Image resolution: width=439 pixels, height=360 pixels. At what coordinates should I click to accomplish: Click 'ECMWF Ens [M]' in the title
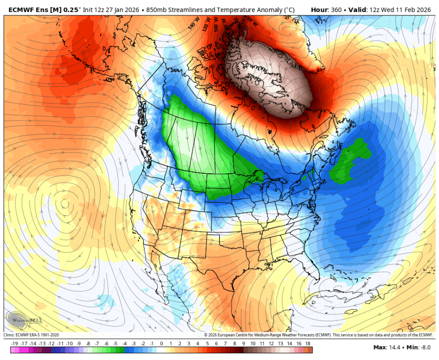pyautogui.click(x=37, y=9)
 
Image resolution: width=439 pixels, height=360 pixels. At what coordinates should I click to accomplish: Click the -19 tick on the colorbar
pyautogui.click(x=14, y=344)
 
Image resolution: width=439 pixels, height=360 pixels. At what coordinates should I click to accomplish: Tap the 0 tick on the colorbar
pyautogui.click(x=161, y=344)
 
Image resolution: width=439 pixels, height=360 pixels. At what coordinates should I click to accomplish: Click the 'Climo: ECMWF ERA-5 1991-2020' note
pyautogui.click(x=32, y=335)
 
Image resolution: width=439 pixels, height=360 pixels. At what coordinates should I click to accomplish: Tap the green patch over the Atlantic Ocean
pyautogui.click(x=351, y=161)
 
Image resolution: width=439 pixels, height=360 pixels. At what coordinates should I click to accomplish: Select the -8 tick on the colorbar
pyautogui.click(x=88, y=344)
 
